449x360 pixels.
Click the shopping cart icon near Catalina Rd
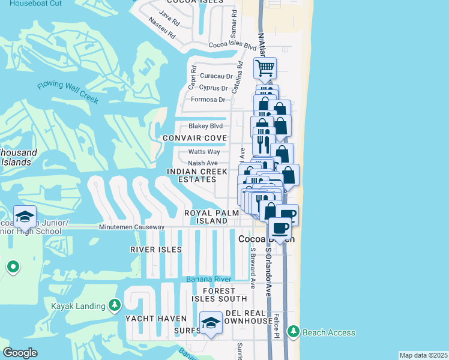[265, 68]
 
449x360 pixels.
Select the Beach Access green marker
[293, 332]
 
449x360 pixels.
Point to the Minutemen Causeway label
[132, 227]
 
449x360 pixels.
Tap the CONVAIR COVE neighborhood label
[195, 139]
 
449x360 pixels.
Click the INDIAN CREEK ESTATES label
[197, 175]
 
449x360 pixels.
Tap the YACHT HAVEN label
[152, 318]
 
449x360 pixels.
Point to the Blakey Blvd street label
[205, 126]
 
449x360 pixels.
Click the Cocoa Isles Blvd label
[232, 45]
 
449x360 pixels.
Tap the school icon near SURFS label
[210, 323]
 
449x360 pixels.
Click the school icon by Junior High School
[25, 217]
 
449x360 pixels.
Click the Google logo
[20, 353]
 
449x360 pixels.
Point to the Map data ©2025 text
[423, 355]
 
